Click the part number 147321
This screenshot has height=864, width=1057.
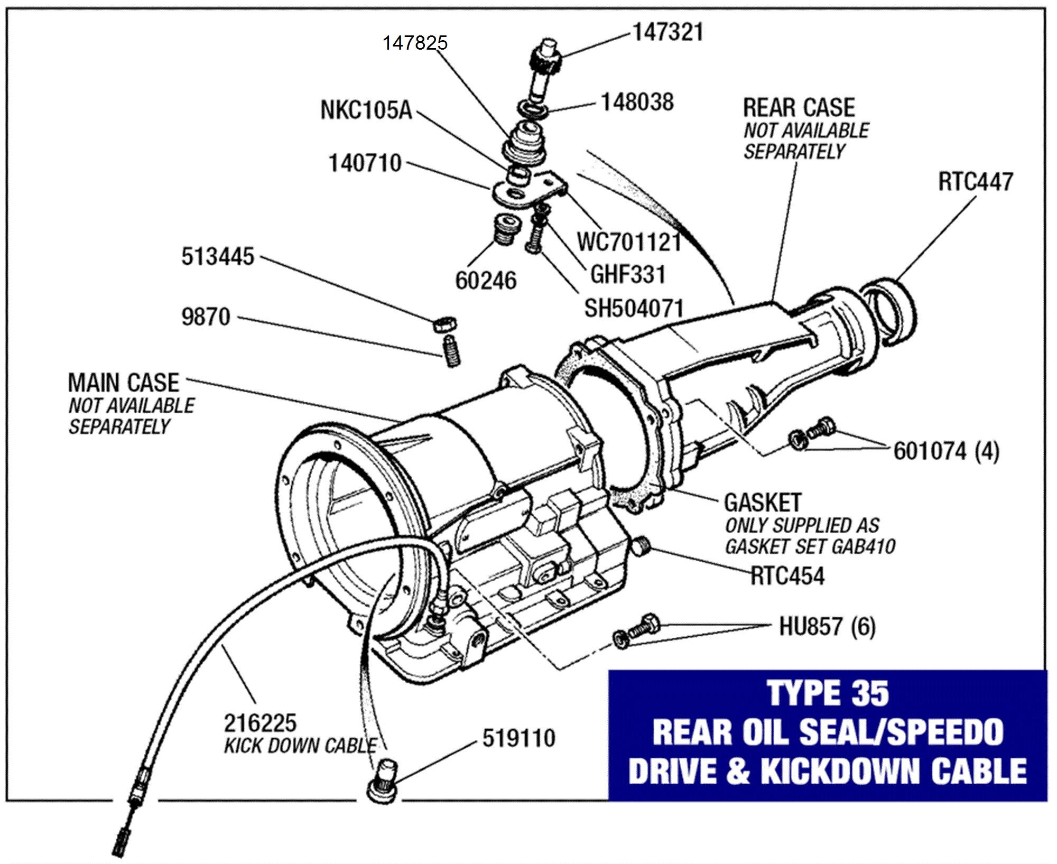668,32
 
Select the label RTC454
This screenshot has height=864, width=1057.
787,576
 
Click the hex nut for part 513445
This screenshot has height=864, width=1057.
444,323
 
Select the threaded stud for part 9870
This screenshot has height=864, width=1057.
450,351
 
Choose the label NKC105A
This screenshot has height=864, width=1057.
366,111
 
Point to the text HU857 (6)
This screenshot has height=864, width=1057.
827,627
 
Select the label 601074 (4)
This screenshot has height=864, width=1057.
946,451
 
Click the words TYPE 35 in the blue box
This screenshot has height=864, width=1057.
827,694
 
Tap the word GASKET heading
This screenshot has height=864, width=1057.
763,502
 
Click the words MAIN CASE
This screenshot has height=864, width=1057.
124,383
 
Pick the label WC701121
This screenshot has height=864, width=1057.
629,243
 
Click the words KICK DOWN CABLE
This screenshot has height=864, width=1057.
300,746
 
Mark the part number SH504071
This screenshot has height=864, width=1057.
634,309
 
